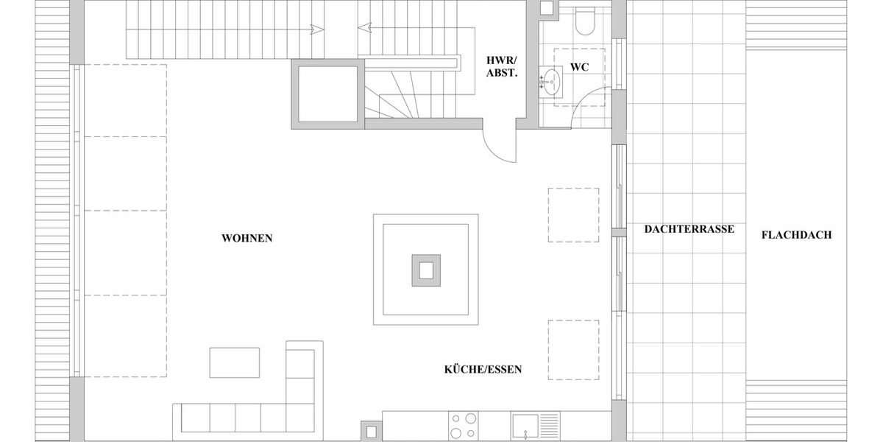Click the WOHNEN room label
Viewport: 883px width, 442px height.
(247, 238)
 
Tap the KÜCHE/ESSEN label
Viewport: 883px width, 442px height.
(483, 369)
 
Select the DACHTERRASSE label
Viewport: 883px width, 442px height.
(689, 229)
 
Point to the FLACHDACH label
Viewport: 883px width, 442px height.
(796, 235)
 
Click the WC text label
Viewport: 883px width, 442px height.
(579, 67)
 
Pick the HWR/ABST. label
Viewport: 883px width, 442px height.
(503, 66)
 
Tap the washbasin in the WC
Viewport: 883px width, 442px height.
(550, 78)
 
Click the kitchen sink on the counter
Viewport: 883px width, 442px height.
(527, 427)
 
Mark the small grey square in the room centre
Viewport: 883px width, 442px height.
(426, 270)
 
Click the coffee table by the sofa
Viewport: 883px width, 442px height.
(235, 362)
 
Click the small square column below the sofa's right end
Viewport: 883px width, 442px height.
(372, 430)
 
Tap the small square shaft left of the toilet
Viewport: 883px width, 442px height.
(547, 8)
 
